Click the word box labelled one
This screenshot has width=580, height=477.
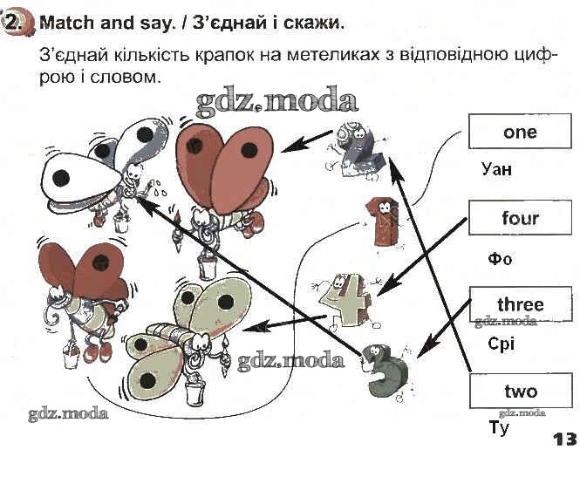click(520, 133)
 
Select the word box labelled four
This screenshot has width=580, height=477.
click(520, 218)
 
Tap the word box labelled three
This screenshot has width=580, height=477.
click(520, 304)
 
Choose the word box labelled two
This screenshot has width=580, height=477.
click(520, 391)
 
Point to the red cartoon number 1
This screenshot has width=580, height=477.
click(381, 220)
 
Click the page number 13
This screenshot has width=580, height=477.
click(564, 439)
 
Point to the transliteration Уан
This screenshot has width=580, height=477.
click(496, 169)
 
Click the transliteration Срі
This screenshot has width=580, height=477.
click(502, 344)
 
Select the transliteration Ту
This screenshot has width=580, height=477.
click(499, 427)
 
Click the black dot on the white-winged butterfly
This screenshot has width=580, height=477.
click(61, 178)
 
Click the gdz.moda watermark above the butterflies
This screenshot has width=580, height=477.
click(276, 102)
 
